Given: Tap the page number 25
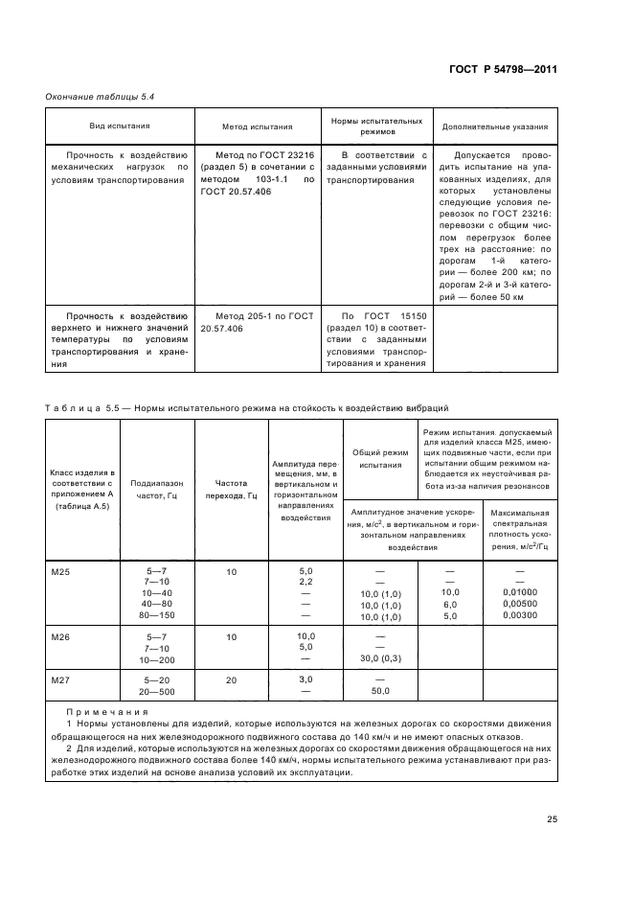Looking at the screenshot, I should [x=552, y=818].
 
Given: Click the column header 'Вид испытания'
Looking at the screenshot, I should [x=120, y=126].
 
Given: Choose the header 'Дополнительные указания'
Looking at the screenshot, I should [x=494, y=126].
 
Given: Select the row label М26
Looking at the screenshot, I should [x=59, y=636].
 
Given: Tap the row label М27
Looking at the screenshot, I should [x=59, y=679].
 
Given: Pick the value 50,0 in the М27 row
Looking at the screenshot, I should [x=380, y=691].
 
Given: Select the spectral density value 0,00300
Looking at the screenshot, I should [x=519, y=616].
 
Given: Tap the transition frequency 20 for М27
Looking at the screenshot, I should [x=231, y=679].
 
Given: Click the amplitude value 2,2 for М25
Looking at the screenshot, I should [x=306, y=582].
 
